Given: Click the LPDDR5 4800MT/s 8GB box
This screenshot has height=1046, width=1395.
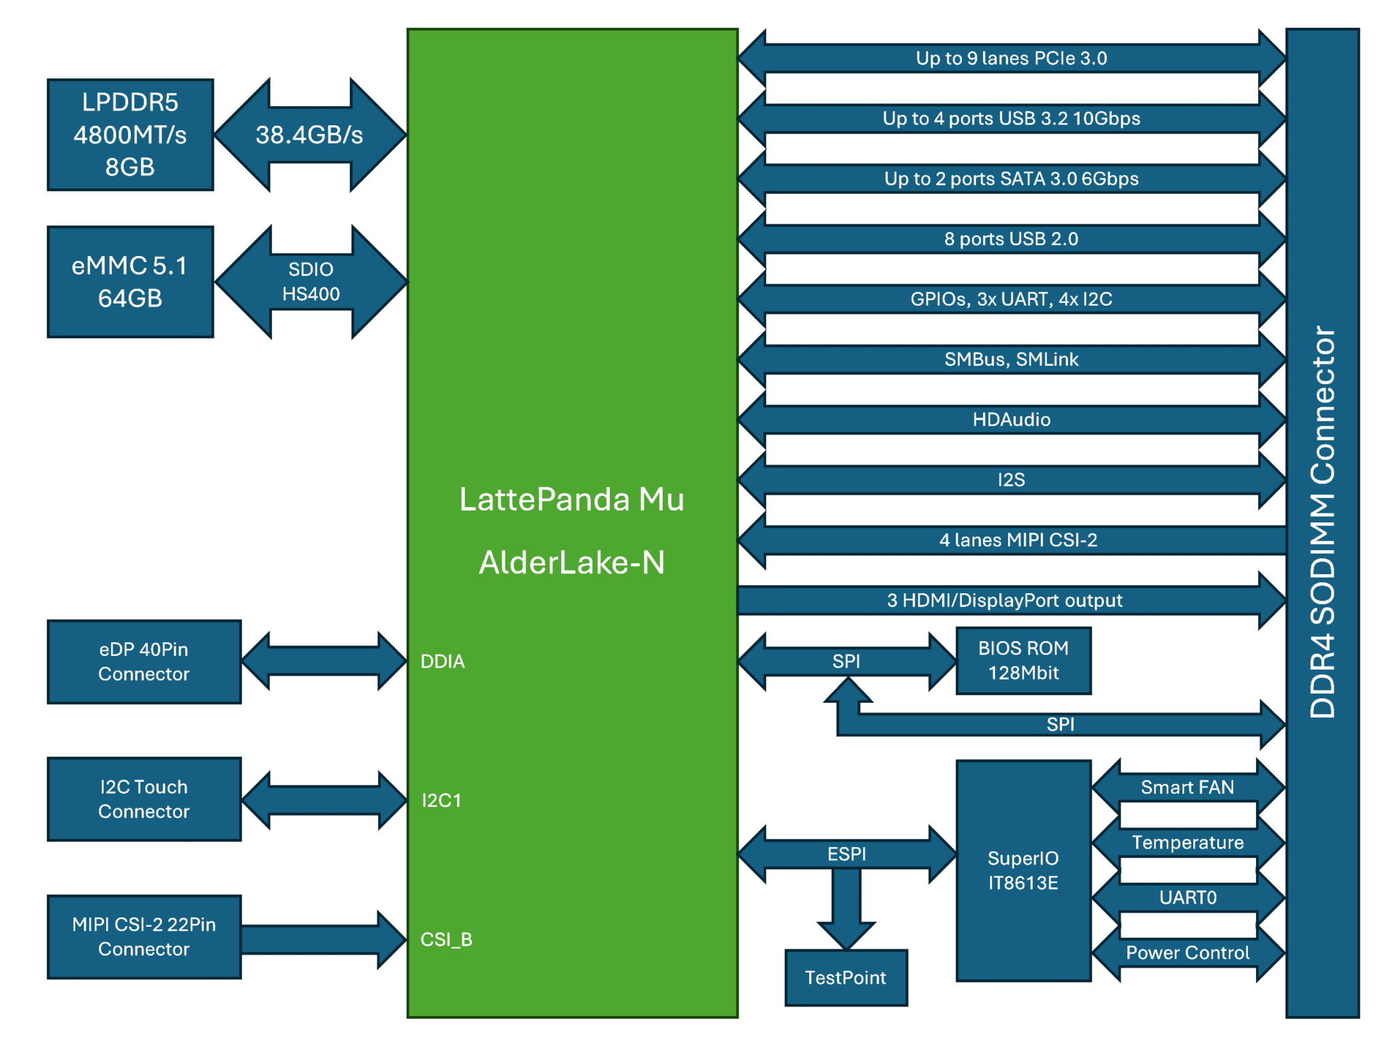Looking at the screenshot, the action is coord(130,135).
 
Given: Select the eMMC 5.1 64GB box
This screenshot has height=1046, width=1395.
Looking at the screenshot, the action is coord(130,282).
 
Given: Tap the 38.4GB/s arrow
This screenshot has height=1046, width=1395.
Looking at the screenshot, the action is coord(311,135).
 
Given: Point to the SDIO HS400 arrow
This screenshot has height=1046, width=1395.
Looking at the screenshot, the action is coord(311,282).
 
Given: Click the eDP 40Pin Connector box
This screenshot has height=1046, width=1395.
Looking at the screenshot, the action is coord(144,661).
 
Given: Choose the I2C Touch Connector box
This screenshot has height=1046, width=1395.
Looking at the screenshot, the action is coord(144,799).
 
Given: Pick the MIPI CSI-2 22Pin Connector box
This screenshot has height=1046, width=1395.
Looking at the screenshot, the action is coord(144,936).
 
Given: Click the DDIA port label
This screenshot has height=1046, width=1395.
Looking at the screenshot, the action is coord(443,661).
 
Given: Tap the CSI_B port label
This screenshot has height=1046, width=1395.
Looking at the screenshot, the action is coord(446,940).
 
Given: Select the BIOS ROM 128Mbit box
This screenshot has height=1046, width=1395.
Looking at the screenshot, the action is coord(1023,661).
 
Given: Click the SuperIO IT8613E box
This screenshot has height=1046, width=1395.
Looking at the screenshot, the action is coord(1023,870).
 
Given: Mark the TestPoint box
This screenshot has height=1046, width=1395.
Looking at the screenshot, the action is coord(846,977).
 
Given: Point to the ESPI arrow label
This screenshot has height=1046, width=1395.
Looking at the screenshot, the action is coord(847,854).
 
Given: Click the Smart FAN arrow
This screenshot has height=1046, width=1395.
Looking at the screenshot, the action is coord(1188,787).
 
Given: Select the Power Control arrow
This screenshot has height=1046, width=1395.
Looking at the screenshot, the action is coord(1188,953).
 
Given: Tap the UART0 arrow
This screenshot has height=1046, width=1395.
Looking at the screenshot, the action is coord(1188,898).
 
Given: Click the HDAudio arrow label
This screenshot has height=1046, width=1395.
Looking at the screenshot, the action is coord(1012,419).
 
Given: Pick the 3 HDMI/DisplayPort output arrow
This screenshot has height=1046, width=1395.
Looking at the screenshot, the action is coord(1012,600).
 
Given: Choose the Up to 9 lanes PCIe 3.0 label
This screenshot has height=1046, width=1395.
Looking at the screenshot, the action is coord(1012,59).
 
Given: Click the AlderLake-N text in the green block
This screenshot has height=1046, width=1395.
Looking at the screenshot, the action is coord(572,562).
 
